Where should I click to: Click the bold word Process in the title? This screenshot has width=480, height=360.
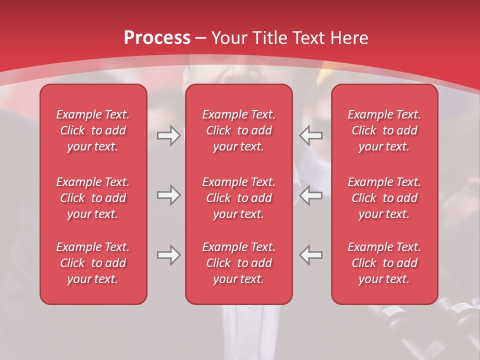[157, 38]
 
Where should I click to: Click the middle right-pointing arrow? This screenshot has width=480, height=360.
[168, 195]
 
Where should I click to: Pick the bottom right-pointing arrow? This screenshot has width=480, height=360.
[168, 255]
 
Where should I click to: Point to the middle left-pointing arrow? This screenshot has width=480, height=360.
[311, 195]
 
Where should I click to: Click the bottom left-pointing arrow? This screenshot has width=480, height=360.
[311, 255]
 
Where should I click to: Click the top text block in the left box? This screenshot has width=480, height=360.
[93, 130]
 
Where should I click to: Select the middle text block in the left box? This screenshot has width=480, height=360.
[93, 198]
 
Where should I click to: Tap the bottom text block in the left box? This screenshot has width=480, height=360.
[93, 263]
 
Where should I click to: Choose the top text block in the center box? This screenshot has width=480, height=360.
[238, 130]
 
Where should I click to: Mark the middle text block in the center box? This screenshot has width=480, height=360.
[238, 198]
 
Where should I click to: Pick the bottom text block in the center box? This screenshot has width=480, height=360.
[238, 263]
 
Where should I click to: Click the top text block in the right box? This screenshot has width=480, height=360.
[384, 130]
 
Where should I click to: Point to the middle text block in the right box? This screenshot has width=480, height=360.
[384, 198]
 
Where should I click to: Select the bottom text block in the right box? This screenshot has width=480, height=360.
[384, 263]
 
